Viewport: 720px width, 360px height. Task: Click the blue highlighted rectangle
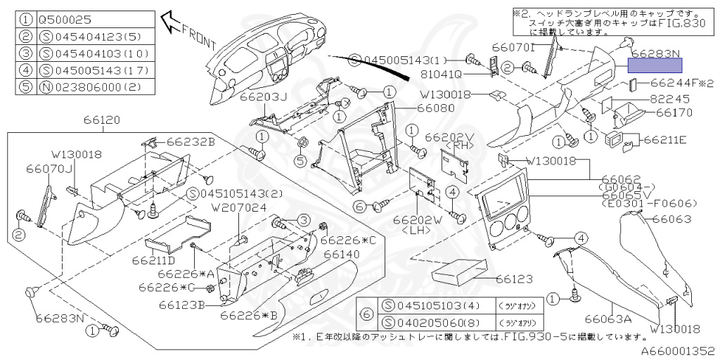pyautogui.click(x=655, y=66)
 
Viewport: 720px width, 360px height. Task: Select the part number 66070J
pyautogui.click(x=51, y=169)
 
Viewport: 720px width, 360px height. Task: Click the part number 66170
pyautogui.click(x=674, y=112)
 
